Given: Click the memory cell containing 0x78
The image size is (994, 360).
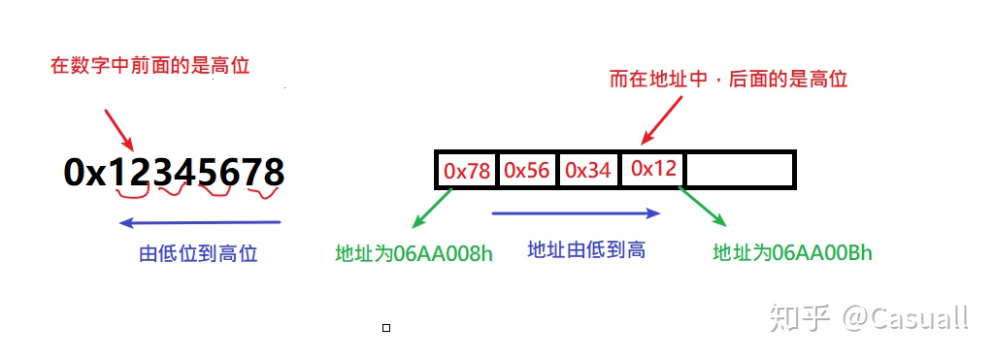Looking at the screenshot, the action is pyautogui.click(x=467, y=170).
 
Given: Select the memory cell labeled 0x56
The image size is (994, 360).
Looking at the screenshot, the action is pyautogui.click(x=527, y=170).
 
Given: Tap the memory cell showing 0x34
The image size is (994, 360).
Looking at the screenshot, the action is pyautogui.click(x=587, y=170).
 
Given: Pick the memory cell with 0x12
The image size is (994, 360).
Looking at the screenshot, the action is pyautogui.click(x=652, y=169).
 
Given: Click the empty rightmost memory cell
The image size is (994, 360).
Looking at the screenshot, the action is pyautogui.click(x=740, y=170).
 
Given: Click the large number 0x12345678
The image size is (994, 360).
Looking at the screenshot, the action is pyautogui.click(x=175, y=173).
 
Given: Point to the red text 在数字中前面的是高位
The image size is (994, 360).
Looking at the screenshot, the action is pyautogui.click(x=150, y=67).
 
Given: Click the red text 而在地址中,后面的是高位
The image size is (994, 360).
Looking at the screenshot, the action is pyautogui.click(x=728, y=79).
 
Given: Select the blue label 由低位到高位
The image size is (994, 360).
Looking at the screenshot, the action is pyautogui.click(x=199, y=254).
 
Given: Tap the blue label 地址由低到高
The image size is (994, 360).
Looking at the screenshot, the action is pyautogui.click(x=586, y=249).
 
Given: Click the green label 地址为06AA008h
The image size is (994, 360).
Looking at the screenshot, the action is pyautogui.click(x=414, y=254).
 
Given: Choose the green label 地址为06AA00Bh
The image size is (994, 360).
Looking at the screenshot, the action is pyautogui.click(x=793, y=253).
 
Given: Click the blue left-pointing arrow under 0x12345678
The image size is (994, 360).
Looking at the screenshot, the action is pyautogui.click(x=199, y=223).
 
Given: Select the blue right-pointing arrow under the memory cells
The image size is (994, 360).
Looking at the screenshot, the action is pyautogui.click(x=577, y=213).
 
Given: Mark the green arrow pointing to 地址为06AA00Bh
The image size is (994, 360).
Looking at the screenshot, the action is pyautogui.click(x=702, y=211).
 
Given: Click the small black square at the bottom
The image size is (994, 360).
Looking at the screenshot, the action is pyautogui.click(x=386, y=328).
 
